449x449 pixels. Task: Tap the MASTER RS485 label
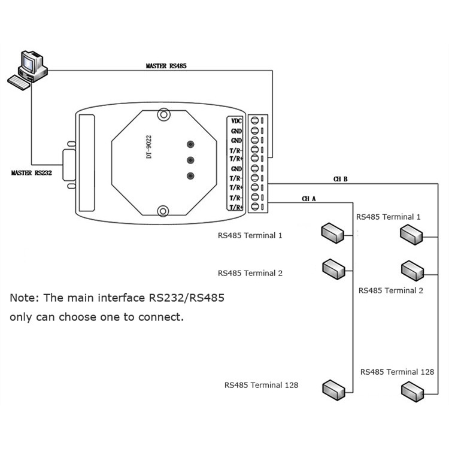point(166,65)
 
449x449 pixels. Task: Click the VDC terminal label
point(237,120)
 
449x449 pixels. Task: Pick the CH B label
point(341,179)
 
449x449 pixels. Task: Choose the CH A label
point(309,198)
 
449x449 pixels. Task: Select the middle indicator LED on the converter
point(191,160)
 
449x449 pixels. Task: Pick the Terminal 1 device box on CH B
point(412,233)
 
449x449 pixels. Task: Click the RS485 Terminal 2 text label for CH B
point(391,290)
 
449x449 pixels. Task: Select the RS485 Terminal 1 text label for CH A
point(250,235)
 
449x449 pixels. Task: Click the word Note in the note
point(23,298)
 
